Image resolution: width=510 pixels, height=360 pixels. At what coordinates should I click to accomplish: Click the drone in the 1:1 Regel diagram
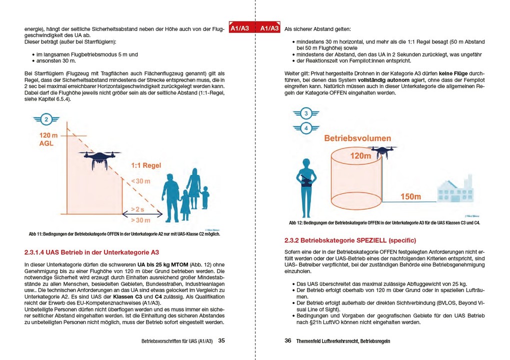pos(99,159)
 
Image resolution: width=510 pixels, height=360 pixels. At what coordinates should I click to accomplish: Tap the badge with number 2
pos(46,119)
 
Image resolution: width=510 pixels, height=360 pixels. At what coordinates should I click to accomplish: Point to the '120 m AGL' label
pos(50,139)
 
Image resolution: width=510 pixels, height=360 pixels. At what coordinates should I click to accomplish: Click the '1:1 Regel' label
pos(146,165)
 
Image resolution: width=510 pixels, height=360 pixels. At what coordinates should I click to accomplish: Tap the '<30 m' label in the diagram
pos(140,181)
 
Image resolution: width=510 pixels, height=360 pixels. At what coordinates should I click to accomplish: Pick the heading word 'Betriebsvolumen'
pos(357,137)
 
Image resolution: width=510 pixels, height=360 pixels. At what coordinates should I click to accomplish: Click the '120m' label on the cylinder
pos(361,156)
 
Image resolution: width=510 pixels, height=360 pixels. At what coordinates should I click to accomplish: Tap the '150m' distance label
pos(410,196)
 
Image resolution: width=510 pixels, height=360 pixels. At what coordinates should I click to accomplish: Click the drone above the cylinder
pos(382,151)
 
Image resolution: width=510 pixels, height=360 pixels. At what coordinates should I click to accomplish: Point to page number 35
pos(221,341)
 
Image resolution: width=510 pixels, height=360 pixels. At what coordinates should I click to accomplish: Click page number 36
pos(288,341)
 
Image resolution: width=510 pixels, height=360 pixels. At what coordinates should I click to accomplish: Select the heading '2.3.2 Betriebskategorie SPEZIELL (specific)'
pos(350,240)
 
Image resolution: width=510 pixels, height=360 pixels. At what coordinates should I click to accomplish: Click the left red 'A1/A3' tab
pos(239,28)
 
